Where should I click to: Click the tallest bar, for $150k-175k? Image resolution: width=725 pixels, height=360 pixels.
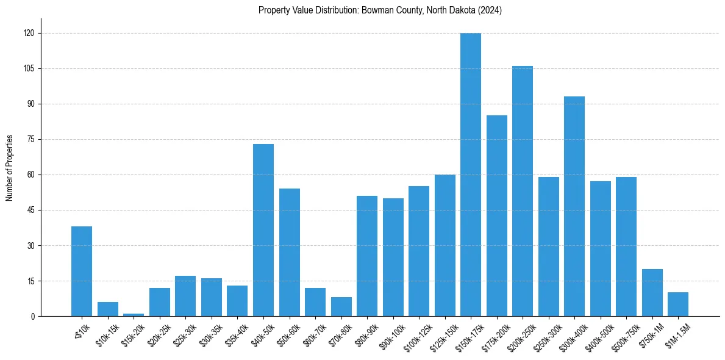coord(471,175)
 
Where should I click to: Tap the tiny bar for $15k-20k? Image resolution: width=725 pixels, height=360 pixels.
coord(134,315)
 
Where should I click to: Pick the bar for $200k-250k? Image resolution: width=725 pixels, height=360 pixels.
coord(523,191)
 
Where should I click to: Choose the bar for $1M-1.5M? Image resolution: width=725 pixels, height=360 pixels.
coord(678,304)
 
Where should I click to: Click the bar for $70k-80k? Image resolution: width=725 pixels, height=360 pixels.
coord(341,307)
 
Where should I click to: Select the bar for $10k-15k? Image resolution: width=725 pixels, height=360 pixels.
coord(108,309)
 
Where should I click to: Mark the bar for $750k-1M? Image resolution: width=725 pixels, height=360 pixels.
coord(652,293)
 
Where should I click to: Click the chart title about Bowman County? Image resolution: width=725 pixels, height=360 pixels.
coord(380,10)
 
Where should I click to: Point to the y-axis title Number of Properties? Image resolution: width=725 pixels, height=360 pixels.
coord(9,168)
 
